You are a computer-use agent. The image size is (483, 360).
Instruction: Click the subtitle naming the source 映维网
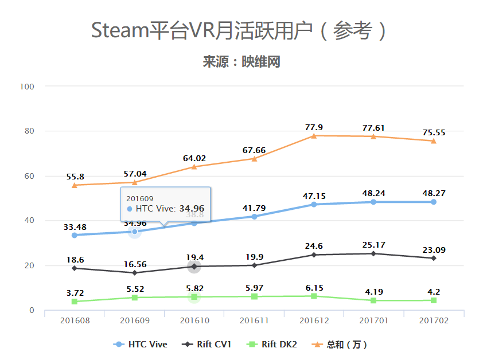coord(241,62)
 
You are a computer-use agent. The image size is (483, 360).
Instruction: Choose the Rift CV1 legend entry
coord(207,345)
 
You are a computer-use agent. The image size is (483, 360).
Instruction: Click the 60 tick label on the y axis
coord(28,176)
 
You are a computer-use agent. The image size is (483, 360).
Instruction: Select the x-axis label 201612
coord(314,320)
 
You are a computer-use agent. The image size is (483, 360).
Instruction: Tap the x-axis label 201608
coord(75,320)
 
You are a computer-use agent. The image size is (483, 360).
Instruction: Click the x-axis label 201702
coord(434,320)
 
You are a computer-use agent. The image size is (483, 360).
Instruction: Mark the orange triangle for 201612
coord(314,135)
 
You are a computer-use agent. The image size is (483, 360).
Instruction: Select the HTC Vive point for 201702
coord(434,202)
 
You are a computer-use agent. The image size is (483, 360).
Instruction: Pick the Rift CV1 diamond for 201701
coord(373,253)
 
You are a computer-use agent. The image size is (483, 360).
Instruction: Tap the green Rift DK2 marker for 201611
coord(254,296)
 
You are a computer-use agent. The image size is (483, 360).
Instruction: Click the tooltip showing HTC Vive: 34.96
coord(165,204)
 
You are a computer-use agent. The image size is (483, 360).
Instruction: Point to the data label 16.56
coord(134,264)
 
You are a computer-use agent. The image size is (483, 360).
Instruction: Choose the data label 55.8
coord(75,177)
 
